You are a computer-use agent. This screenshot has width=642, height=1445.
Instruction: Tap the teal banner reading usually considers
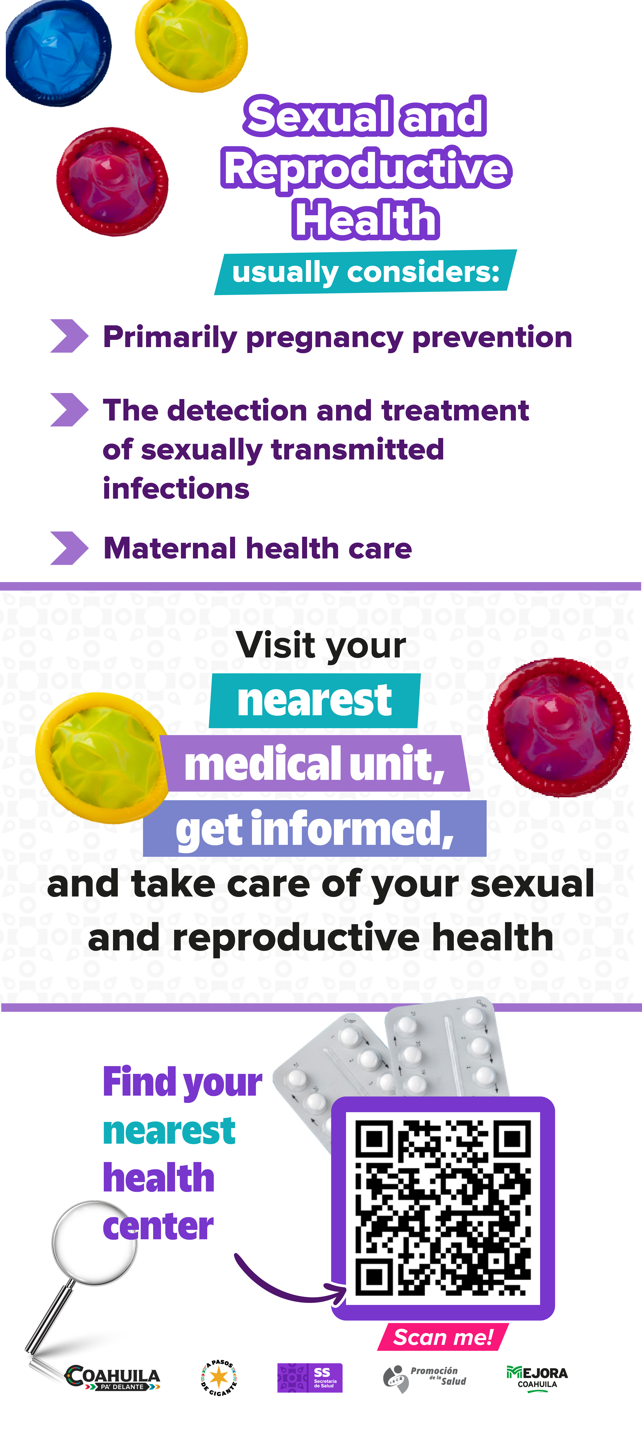[365, 272]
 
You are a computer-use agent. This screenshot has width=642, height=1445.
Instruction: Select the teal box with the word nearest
[315, 701]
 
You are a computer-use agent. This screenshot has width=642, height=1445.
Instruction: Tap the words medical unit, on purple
[315, 764]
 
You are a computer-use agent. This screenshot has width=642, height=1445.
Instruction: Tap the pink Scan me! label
[443, 1337]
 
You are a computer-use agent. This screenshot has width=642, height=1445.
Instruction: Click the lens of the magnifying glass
[94, 1242]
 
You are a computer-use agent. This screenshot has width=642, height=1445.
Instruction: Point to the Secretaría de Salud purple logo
[310, 1378]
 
